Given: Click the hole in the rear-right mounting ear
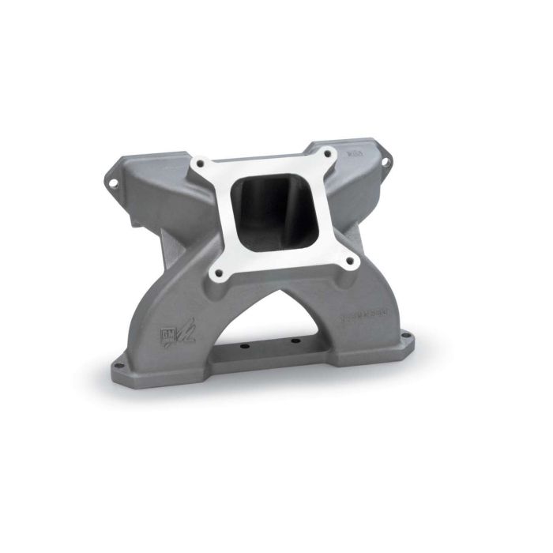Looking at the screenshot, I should (387, 162).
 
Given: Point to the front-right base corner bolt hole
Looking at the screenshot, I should (408, 342).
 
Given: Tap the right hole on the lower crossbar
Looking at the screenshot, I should (293, 342).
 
